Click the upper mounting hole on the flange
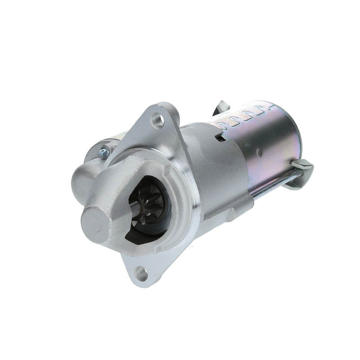point(157,118)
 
